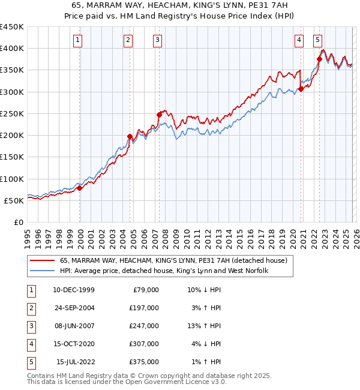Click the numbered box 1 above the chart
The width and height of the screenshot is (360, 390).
pyautogui.click(x=79, y=40)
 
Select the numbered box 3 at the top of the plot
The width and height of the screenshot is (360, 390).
pyautogui.click(x=157, y=40)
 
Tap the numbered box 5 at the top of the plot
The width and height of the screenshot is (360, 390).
pyautogui.click(x=317, y=40)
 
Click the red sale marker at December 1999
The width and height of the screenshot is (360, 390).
pyautogui.click(x=79, y=188)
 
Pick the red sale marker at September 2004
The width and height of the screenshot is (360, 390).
pyautogui.click(x=130, y=137)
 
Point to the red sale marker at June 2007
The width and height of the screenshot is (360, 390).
pyautogui.click(x=159, y=115)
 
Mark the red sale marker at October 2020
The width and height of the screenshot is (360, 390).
pyautogui.click(x=301, y=89)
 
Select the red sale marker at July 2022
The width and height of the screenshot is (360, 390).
pyautogui.click(x=319, y=59)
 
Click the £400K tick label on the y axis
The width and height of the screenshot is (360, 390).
pyautogui.click(x=12, y=49)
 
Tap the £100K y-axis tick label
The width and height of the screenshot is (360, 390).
pyautogui.click(x=12, y=179)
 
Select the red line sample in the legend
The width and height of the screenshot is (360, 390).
pyautogui.click(x=42, y=261)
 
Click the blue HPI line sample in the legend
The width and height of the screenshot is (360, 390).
pyautogui.click(x=42, y=271)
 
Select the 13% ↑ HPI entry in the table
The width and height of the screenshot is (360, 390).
pyautogui.click(x=204, y=326)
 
